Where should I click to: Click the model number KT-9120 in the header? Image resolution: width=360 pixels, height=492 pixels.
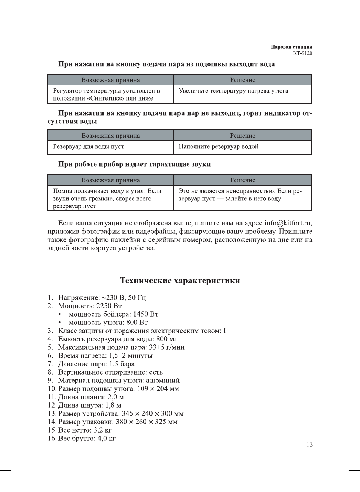coord(302,53)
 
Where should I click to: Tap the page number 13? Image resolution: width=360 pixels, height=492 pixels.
coord(309,445)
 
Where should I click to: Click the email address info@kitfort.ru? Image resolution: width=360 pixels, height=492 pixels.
coord(288,223)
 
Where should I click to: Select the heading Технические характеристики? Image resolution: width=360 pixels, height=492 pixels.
coord(180,280)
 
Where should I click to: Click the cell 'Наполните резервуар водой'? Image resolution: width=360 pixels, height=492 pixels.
coord(218,146)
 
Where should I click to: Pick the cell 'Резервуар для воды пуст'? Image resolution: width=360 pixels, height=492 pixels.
coord(88,146)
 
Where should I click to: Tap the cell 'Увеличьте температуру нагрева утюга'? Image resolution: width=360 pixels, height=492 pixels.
coord(233,91)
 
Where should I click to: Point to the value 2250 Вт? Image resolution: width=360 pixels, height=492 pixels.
coord(109,306)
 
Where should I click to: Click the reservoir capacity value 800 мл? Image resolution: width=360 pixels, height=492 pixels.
coord(167,339)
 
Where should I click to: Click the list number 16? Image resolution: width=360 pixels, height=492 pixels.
coord(52,438)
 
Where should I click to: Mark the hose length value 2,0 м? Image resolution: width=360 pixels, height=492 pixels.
coord(116,397)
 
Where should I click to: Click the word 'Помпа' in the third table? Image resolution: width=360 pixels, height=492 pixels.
coord(63,191)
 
